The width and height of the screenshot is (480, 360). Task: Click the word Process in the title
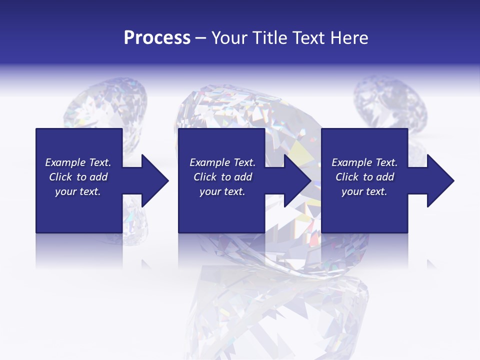157,38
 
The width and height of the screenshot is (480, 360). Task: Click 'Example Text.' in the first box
78,162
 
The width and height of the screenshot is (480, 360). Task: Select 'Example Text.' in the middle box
222,162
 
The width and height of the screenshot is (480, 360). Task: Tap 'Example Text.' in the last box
364,162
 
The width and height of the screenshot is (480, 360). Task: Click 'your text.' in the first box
78,191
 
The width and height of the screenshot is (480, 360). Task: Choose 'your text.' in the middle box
222,191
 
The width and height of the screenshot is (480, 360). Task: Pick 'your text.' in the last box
364,191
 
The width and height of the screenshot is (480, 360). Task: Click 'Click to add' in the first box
78,177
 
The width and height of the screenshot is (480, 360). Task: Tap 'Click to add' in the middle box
222,177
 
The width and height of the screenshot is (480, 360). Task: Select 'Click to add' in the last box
364,177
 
